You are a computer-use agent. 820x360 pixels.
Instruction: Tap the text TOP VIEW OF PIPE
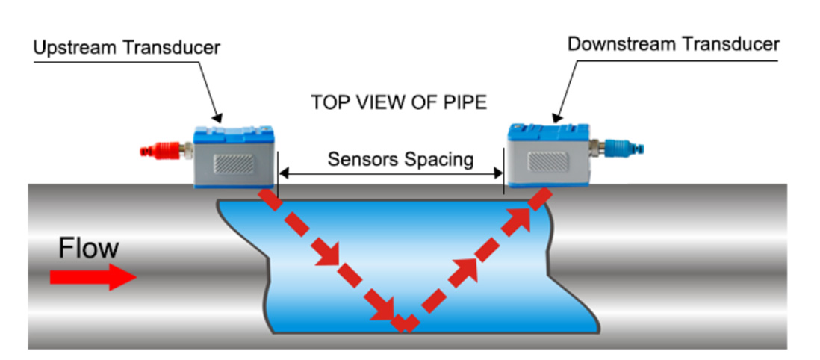click(399, 102)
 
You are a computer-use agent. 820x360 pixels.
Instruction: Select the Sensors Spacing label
click(400, 159)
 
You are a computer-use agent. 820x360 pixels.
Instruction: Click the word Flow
click(88, 249)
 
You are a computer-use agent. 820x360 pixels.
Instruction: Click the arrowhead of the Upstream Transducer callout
click(217, 118)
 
